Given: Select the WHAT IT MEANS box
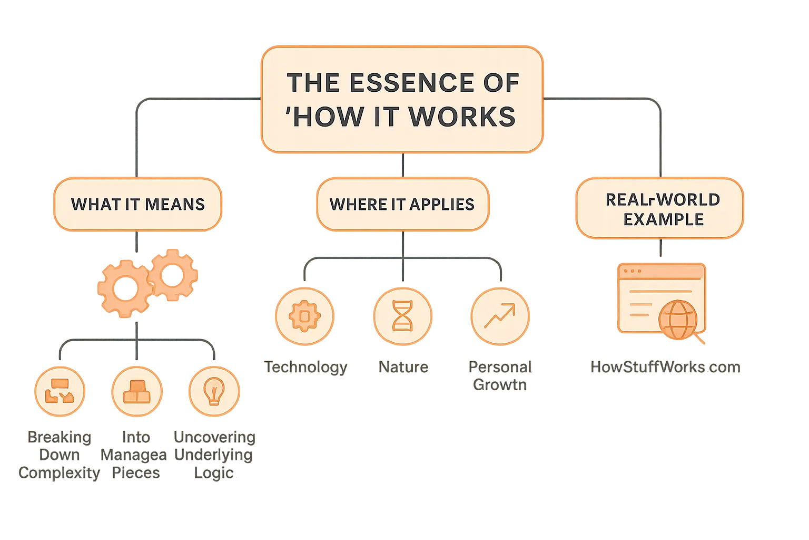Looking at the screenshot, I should (137, 205).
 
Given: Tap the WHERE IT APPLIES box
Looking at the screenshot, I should (402, 205).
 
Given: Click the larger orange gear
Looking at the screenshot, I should (125, 288).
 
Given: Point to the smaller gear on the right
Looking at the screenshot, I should (172, 275).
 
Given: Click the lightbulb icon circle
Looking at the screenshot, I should (214, 392).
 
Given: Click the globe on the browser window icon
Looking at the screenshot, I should (678, 320).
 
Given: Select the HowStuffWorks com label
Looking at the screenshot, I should (665, 367).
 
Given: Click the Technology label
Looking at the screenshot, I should (305, 367).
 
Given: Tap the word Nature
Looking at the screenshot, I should (403, 367).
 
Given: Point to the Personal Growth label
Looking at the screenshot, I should (500, 375).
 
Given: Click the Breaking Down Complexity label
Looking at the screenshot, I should (59, 455).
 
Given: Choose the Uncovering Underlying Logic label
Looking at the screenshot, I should (213, 455).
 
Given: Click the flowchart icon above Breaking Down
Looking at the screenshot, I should (59, 392).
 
